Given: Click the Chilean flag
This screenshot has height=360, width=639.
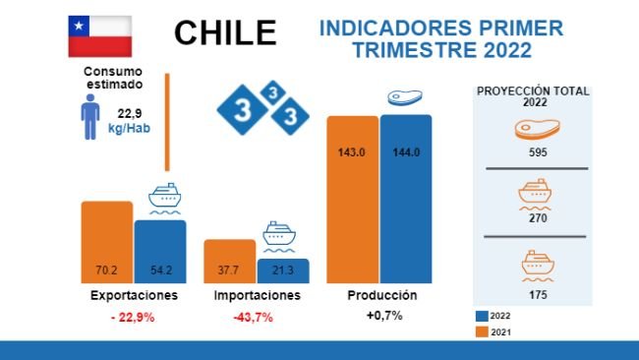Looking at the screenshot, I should click(x=99, y=35).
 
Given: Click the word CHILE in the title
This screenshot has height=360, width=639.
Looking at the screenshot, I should click(x=225, y=33).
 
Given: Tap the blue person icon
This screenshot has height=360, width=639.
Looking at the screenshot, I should click(x=89, y=120).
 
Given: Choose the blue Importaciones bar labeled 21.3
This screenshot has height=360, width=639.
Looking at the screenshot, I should click(x=282, y=270).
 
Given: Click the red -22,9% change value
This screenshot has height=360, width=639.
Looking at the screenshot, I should click(x=133, y=317).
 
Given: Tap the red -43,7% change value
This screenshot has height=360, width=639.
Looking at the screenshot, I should click(x=253, y=317).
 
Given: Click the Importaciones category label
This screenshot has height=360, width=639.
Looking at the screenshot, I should click(x=257, y=295).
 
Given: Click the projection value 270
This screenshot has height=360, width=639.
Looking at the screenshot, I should click(x=537, y=219).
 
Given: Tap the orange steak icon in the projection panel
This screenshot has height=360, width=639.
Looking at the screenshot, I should click(x=536, y=129).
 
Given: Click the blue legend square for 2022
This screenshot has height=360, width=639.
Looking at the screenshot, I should click(x=482, y=316).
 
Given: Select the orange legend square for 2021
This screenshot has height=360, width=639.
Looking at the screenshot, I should click(x=482, y=331).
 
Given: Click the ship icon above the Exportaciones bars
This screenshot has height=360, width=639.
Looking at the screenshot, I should click(x=166, y=198).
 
